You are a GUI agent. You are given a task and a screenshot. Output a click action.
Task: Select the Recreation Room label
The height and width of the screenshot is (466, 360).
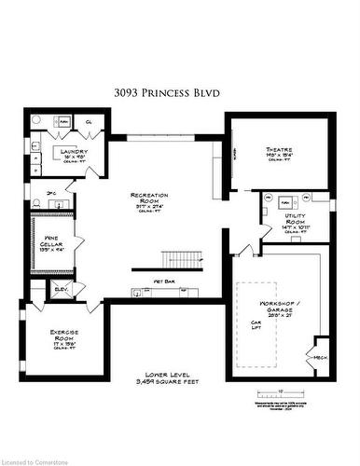click(x=149, y=199)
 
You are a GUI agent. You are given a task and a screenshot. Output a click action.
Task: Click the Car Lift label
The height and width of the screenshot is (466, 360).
click(x=254, y=327)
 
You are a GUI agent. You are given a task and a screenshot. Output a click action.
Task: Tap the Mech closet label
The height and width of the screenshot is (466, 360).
click(x=320, y=357)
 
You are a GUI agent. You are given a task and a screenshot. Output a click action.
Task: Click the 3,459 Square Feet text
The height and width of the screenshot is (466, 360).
click(x=174, y=381)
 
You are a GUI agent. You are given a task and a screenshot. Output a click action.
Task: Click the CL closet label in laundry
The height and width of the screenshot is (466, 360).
click(x=88, y=122)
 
